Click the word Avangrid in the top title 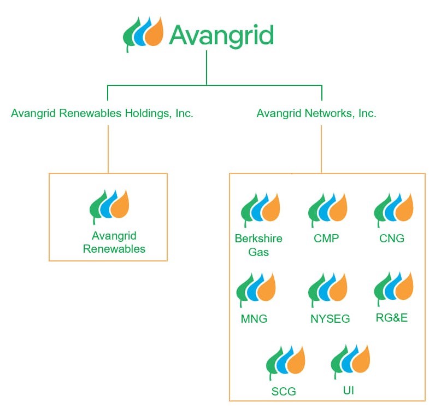tap(221, 35)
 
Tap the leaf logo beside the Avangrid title tap(143, 34)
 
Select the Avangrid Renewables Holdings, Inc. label tap(102, 114)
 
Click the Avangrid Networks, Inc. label tap(316, 114)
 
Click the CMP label tap(326, 238)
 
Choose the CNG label tap(392, 238)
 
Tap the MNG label tap(254, 318)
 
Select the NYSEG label tap(330, 319)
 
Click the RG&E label tap(392, 318)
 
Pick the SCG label tap(284, 392)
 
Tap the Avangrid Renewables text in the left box tap(114, 242)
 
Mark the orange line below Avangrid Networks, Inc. tap(321, 149)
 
